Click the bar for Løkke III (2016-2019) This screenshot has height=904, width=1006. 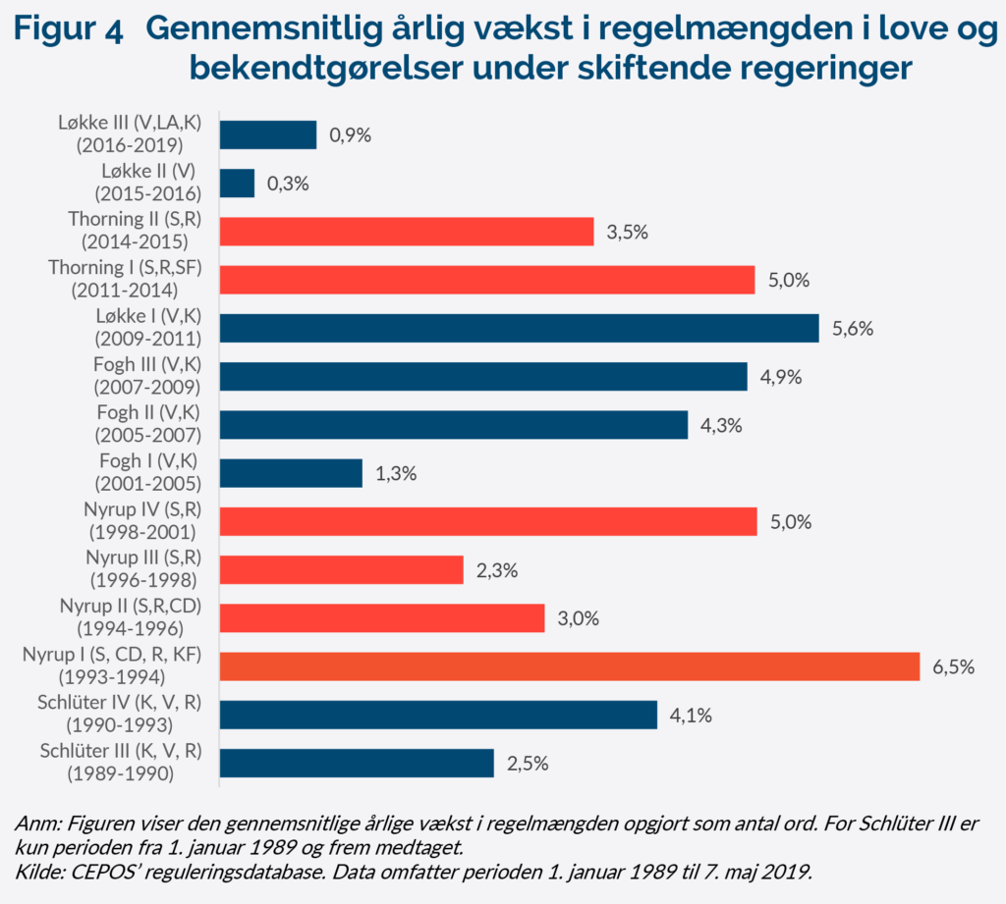267,134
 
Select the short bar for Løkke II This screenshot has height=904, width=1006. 237,184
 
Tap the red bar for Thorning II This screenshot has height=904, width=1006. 407,232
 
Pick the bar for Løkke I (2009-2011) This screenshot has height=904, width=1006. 519,328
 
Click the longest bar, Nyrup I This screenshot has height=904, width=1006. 569,666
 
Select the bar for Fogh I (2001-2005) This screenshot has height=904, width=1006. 291,473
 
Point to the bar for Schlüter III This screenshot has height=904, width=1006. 356,763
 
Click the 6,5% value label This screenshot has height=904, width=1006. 953,667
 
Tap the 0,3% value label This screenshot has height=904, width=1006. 288,184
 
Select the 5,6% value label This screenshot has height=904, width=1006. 853,329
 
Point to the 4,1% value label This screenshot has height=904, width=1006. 691,715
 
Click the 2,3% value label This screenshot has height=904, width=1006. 496,570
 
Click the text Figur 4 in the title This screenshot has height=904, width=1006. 69,31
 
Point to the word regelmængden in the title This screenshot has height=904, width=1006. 691,31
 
